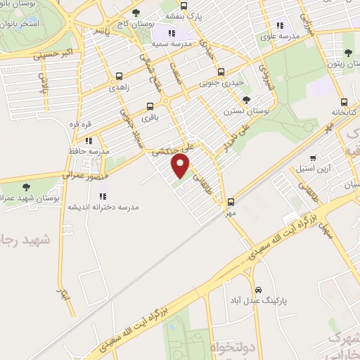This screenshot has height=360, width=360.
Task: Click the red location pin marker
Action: click(x=181, y=167)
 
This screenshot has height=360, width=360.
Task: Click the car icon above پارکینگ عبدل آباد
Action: click(x=259, y=289)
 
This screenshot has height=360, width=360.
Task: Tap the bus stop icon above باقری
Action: click(x=150, y=107)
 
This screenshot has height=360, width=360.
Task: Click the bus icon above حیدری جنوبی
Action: click(x=221, y=71)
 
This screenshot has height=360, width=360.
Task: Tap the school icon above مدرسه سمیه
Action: click(x=172, y=33)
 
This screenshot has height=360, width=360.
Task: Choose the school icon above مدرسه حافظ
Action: click(x=89, y=141)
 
